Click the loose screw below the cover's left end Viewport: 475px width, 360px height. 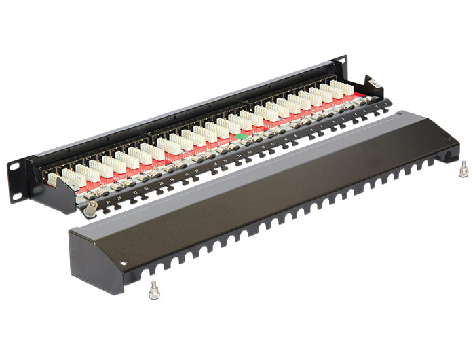(x=154, y=288)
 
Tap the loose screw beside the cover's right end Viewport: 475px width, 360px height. (x=463, y=169)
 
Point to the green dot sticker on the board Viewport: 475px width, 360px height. (x=239, y=137)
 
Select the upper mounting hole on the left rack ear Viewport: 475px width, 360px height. (x=14, y=165)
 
